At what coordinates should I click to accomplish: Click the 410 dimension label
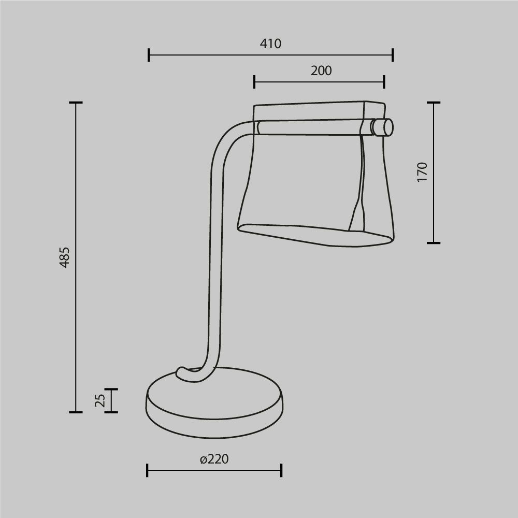tap(270, 44)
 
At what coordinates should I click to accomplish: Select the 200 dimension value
tap(321, 71)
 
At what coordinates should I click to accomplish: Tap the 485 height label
tap(64, 257)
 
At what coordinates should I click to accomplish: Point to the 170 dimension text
tap(422, 172)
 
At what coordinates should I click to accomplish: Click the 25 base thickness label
tap(100, 400)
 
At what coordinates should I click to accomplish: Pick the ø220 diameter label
tap(214, 459)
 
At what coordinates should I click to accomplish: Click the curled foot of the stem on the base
tap(184, 373)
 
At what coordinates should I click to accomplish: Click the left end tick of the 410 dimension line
tap(149, 54)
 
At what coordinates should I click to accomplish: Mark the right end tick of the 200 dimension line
tap(384, 82)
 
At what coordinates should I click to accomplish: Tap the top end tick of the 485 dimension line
tap(76, 103)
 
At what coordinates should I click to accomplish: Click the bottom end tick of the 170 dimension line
tap(434, 242)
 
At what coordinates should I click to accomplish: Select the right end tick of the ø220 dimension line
tap(281, 470)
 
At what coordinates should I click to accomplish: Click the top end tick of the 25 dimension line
tap(111, 389)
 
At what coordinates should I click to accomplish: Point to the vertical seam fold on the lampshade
tap(361, 181)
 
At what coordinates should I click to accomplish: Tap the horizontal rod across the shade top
tap(311, 127)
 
